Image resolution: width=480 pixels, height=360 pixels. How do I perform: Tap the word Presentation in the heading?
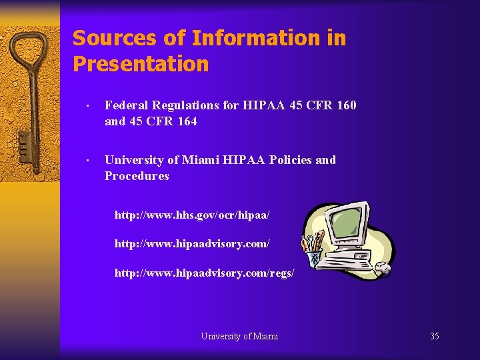(141, 65)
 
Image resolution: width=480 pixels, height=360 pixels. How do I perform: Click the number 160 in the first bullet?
(346, 105)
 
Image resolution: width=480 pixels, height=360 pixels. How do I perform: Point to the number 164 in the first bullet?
(187, 121)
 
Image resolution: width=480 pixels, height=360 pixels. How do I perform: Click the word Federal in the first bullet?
(126, 105)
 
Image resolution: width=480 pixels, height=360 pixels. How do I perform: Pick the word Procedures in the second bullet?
(137, 176)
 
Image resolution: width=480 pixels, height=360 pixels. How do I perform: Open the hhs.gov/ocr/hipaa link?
(192, 215)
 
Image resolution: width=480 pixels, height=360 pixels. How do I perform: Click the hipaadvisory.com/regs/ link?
(204, 273)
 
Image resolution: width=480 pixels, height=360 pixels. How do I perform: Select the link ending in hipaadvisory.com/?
(192, 244)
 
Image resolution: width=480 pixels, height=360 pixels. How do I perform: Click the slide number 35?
(434, 336)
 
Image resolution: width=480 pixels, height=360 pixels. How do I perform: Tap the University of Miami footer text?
(239, 336)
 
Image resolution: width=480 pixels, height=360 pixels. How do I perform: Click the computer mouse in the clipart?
(383, 269)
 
